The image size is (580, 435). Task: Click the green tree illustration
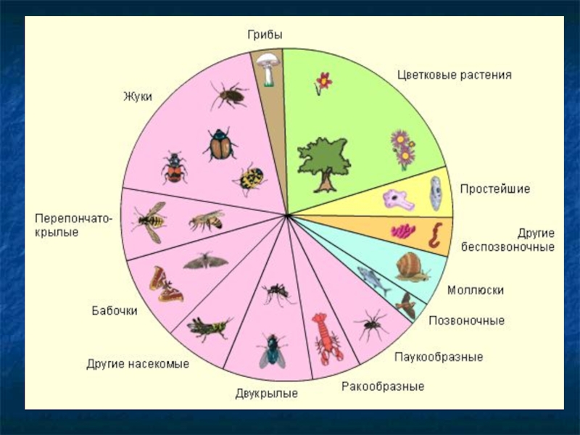(323, 164)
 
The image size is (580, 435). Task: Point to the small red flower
(323, 82)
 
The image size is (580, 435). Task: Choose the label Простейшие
(494, 189)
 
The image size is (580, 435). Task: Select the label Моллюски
(476, 290)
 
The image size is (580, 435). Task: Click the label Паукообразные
(438, 357)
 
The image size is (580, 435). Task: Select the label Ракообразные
(383, 386)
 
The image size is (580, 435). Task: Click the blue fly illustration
(272, 350)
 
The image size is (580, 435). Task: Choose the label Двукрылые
(267, 394)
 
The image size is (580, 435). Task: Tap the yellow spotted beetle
(250, 179)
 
